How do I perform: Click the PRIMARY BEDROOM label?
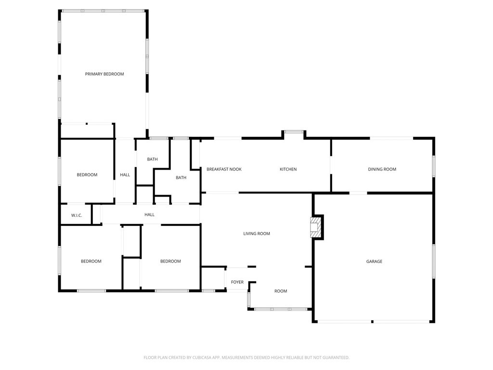point(104,74)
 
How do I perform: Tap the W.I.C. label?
point(77,215)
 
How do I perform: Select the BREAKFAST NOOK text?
point(224,170)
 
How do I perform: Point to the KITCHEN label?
point(288,170)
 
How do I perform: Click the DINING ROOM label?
point(382,170)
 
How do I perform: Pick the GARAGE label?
point(374,262)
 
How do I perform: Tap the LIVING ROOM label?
point(257,234)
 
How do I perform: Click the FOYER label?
point(237,282)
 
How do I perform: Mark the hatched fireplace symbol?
point(315,226)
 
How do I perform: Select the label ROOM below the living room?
point(281,291)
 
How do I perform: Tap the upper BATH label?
point(152,159)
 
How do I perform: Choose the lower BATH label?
point(181,178)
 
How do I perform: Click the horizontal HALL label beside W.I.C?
point(150,215)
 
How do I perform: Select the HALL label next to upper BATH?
point(125,175)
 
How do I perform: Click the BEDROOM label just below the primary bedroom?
point(87,175)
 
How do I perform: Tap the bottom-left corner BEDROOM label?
point(91,262)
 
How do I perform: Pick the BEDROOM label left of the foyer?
point(170,262)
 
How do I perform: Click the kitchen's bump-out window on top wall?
point(294,132)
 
